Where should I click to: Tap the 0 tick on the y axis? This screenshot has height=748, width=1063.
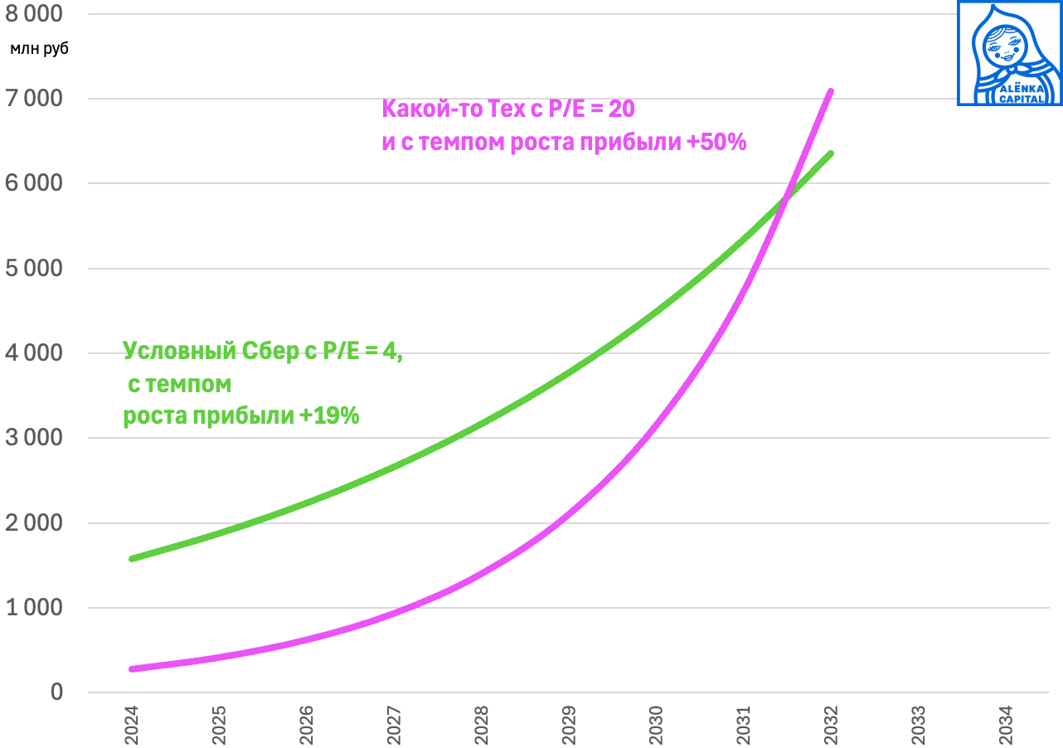[x=57, y=692]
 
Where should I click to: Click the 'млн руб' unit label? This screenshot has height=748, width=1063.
[x=39, y=48]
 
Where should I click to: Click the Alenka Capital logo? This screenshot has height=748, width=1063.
[x=1009, y=53]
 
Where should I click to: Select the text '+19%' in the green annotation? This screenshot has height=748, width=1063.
[x=332, y=415]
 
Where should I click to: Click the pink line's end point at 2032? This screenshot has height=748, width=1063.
[x=830, y=91]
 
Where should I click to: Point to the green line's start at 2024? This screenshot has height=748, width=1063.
[x=132, y=558]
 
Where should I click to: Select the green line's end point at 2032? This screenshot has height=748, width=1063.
[x=830, y=153]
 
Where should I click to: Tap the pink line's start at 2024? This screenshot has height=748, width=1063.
[x=132, y=668]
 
